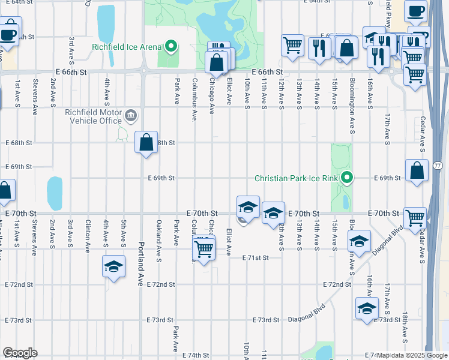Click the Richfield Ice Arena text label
tap(126, 47)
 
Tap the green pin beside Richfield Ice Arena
tap(171, 46)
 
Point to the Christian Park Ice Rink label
tap(297, 178)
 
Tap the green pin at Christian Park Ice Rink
tap(346, 178)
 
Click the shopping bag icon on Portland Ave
tap(146, 143)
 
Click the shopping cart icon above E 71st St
tap(204, 248)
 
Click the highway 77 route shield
tap(437, 165)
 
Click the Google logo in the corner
tap(20, 353)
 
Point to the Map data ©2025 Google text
tap(412, 355)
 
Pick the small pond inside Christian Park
tap(346, 202)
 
